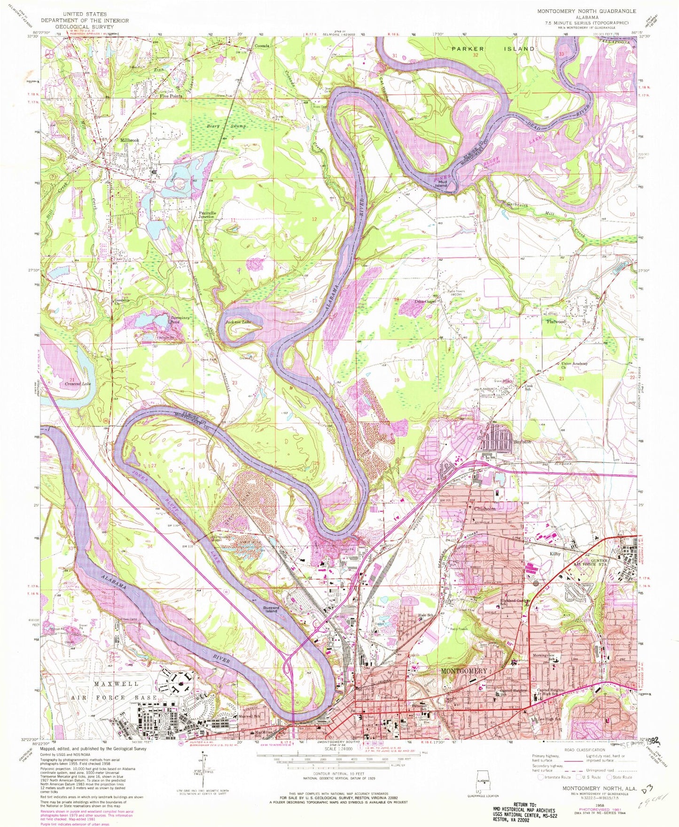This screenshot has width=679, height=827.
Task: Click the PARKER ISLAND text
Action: point(493,48)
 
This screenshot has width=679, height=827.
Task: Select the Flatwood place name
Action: point(555,322)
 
